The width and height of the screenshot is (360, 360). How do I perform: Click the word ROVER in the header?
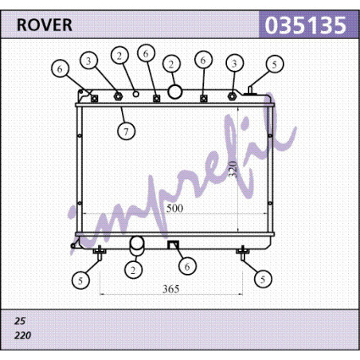coord(45,25)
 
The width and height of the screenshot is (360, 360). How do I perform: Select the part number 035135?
coord(306,25)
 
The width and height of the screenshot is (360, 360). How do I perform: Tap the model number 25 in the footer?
coord(20,321)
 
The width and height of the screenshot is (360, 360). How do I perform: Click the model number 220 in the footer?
coord(22,335)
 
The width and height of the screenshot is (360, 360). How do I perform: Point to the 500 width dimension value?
coord(174,208)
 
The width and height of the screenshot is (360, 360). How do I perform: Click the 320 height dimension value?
coord(233,169)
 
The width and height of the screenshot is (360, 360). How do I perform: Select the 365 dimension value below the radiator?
coord(171,289)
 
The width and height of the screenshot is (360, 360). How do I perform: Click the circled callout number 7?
coord(126,131)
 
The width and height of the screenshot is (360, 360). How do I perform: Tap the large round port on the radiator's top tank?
coord(174,92)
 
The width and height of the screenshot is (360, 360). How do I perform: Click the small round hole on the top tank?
coord(136,94)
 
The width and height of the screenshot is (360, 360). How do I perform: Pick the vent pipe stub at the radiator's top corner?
coord(250,90)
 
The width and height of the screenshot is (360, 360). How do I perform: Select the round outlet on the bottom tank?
coord(137,246)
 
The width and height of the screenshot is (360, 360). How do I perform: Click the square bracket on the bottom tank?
coord(174,245)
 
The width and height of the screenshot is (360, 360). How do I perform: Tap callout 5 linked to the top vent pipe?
coord(275,64)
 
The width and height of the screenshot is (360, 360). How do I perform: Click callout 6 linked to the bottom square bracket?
coord(187,266)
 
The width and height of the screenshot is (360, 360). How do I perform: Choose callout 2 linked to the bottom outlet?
coord(133,270)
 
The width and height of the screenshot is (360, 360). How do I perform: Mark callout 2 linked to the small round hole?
coord(119,56)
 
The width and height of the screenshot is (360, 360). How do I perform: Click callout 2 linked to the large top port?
coord(171,64)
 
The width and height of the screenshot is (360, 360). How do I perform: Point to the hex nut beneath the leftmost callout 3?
coord(118,96)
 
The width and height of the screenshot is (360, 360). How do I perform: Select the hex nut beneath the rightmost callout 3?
coord(232,96)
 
